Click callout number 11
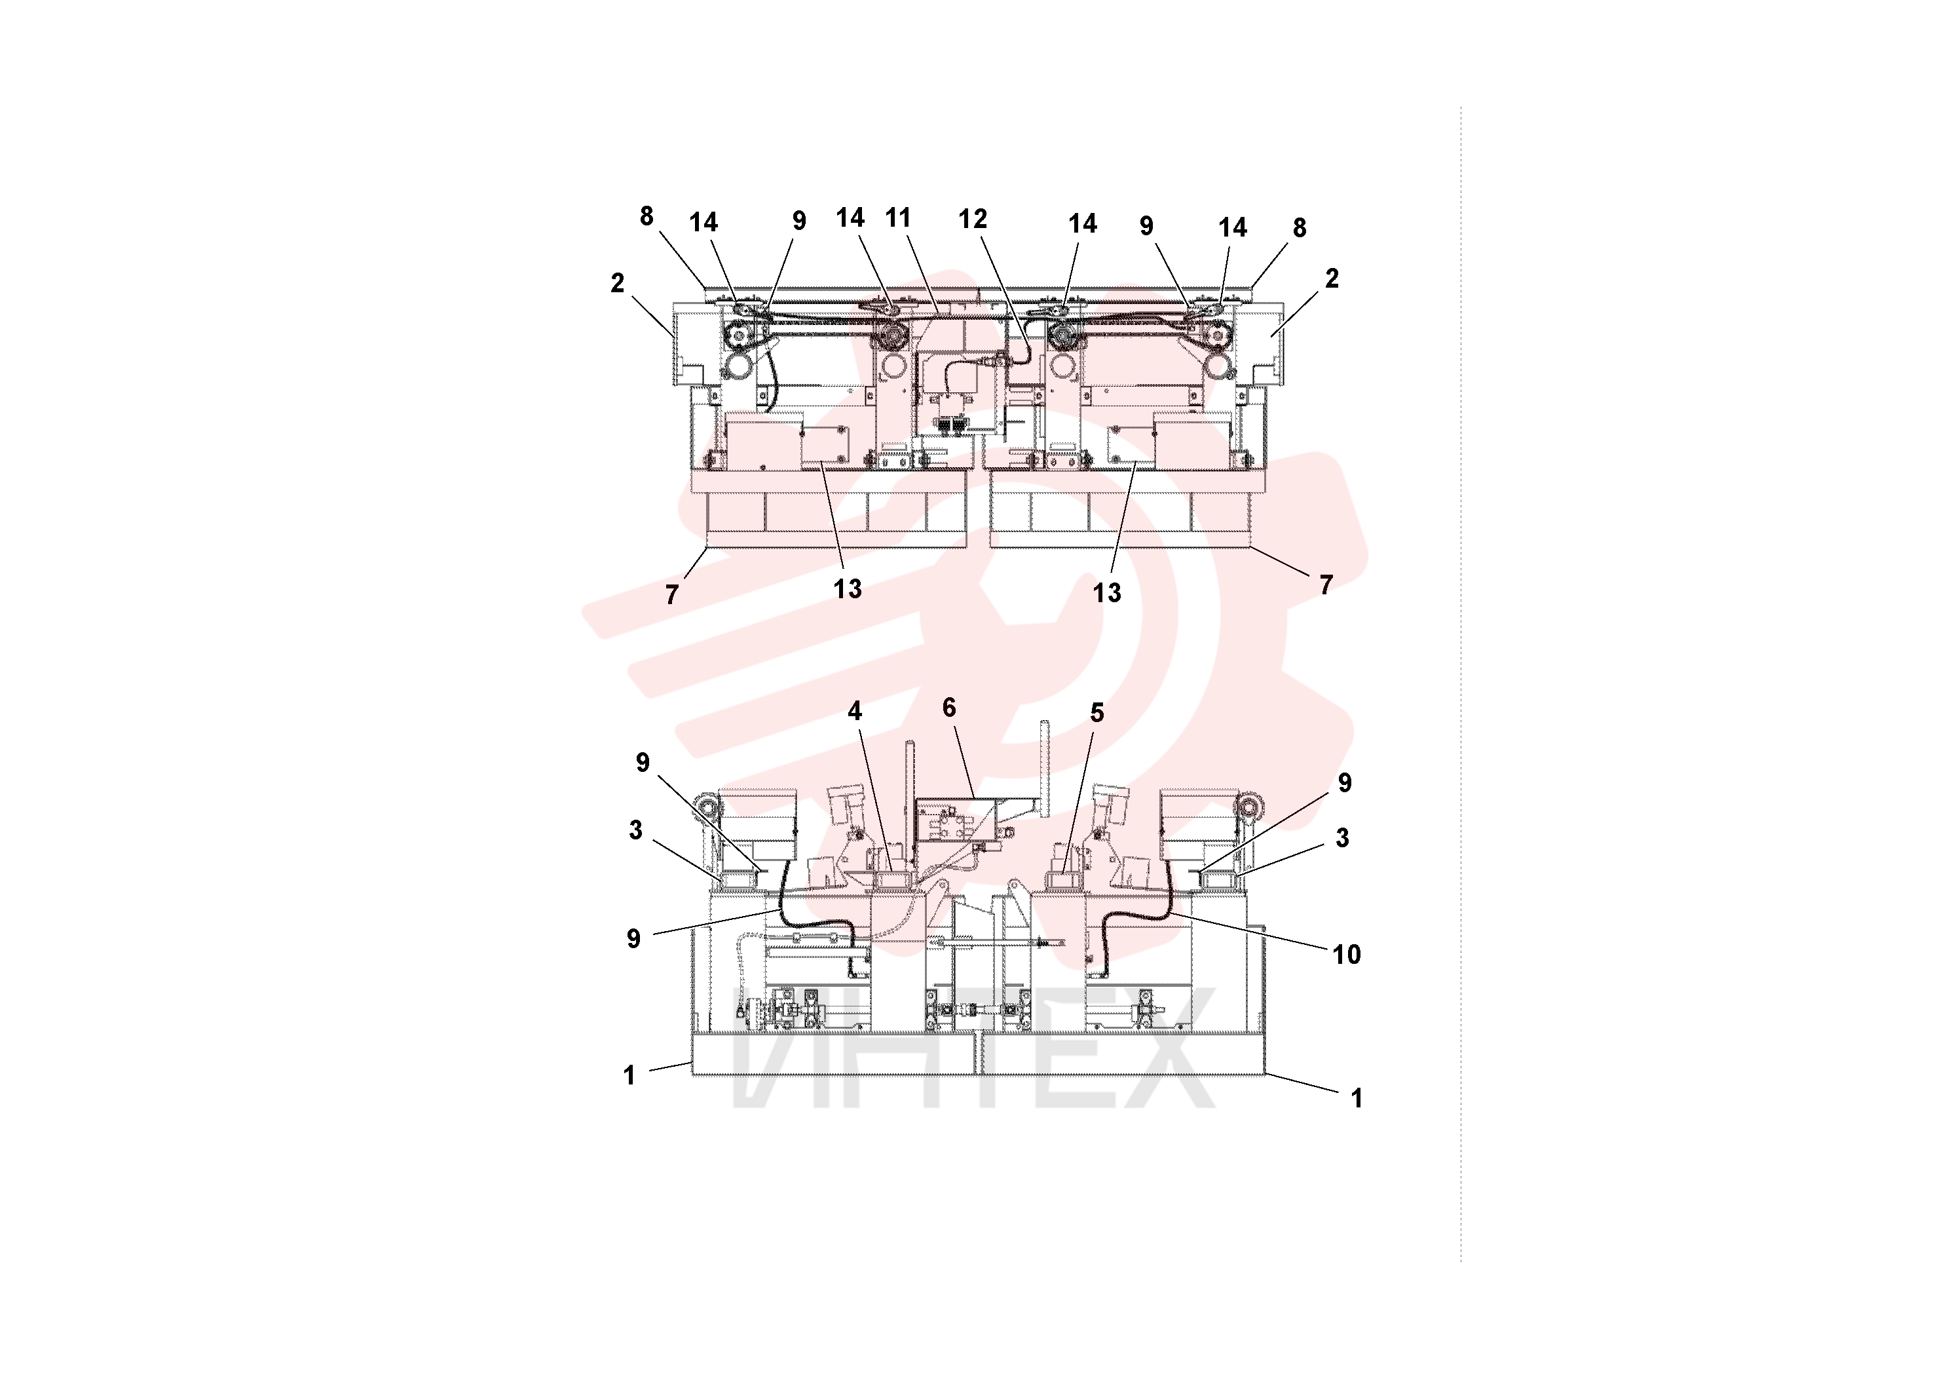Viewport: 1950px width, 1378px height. pyautogui.click(x=898, y=218)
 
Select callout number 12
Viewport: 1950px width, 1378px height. pyautogui.click(x=973, y=220)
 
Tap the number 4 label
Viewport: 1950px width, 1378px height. pyautogui.click(x=855, y=711)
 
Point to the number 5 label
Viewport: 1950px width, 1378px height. pyautogui.click(x=1097, y=713)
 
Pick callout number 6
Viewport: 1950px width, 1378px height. pyautogui.click(x=950, y=708)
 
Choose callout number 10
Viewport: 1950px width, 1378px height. pyautogui.click(x=1347, y=955)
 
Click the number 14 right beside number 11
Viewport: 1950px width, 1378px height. pyautogui.click(x=850, y=218)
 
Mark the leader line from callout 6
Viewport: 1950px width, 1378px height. pyautogui.click(x=963, y=759)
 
